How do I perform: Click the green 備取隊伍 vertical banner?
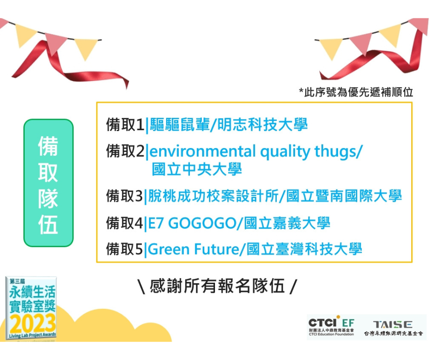point(48,183)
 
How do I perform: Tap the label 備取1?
point(125,125)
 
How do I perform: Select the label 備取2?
point(125,151)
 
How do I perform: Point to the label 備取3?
point(125,196)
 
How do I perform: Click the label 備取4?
point(125,223)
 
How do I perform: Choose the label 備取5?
point(125,249)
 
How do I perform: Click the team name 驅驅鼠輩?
point(180,125)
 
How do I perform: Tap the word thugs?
point(335,152)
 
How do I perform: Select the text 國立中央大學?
point(197,169)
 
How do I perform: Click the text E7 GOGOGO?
point(192,223)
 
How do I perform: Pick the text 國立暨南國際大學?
point(344,196)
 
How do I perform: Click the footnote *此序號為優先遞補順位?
point(356,92)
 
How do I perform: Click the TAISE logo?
point(393,328)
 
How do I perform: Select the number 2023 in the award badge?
point(32,323)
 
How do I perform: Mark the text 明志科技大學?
point(263,125)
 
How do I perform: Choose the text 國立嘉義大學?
point(287,223)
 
